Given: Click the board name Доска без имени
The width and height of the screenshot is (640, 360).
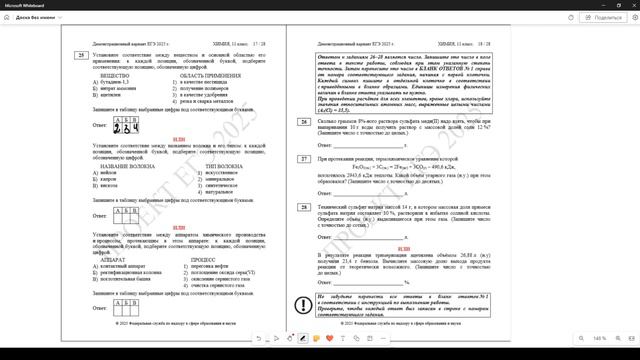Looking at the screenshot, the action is point(38,17).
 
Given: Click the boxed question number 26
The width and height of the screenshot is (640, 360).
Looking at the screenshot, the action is point(303,122).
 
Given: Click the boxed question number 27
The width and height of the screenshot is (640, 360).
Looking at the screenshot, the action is point(303,159).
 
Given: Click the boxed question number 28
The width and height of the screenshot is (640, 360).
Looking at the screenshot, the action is point(303,206).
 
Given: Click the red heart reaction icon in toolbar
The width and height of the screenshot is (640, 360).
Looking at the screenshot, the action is point(329,339).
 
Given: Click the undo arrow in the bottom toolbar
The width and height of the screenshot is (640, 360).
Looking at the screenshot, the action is point(259,339).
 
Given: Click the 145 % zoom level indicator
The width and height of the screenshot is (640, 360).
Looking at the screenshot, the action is point(600,339).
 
